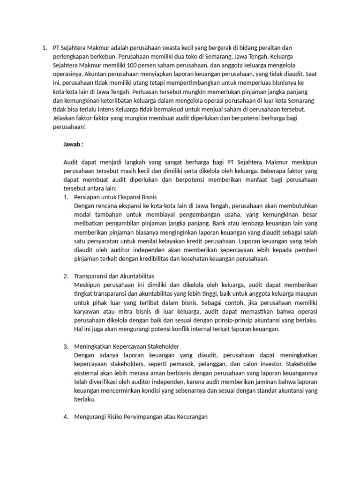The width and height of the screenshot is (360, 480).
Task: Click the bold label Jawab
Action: (73, 143)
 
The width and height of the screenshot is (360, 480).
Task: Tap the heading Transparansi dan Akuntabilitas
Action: (114, 276)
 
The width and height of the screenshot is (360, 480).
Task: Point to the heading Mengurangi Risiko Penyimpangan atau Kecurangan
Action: (141, 417)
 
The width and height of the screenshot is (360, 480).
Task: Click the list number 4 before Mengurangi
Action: (66, 417)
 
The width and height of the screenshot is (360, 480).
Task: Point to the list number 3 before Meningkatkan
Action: (66, 346)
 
